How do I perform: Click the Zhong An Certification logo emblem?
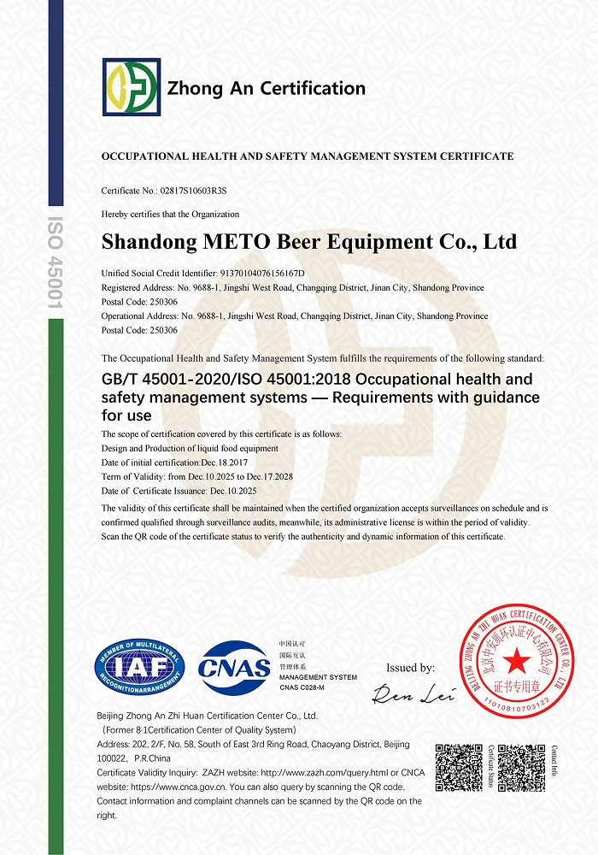[131, 87]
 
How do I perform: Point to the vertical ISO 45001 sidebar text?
[55, 262]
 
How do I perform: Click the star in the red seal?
[515, 659]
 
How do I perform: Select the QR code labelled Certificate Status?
[460, 767]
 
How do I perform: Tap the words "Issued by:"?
[410, 668]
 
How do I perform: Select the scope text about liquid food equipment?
[190, 448]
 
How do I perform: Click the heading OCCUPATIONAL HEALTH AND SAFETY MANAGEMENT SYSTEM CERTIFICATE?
[308, 156]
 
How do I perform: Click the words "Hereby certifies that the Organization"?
[170, 214]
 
